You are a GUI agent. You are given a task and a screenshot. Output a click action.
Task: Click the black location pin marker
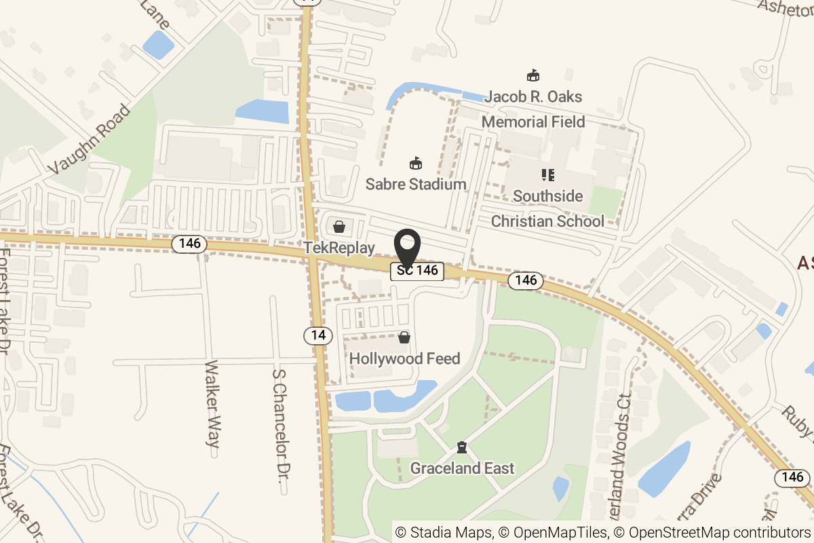[x=407, y=248]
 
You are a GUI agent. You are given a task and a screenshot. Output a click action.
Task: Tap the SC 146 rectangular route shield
[x=417, y=271]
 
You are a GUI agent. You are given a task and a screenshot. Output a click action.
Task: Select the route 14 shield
[x=318, y=335]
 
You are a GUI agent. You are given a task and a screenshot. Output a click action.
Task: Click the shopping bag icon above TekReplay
[x=338, y=226]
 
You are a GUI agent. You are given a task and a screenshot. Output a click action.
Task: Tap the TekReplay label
[x=339, y=248]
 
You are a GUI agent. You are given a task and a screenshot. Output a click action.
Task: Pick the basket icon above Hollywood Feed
[x=404, y=337]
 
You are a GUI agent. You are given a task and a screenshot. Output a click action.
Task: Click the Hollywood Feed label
[x=405, y=358]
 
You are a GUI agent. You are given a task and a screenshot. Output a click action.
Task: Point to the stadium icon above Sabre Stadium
[x=415, y=163]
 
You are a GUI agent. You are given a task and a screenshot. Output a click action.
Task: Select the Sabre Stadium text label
[x=416, y=184]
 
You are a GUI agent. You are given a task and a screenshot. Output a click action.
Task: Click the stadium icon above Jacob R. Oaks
[x=533, y=75]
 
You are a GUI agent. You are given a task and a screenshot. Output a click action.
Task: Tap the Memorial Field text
[x=533, y=122]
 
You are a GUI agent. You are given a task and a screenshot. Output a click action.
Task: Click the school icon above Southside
[x=547, y=175]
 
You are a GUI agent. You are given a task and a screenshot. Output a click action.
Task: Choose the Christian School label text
[x=547, y=221]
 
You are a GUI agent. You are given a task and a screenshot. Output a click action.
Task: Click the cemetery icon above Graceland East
[x=462, y=447]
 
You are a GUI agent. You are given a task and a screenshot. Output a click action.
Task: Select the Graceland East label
[x=463, y=468]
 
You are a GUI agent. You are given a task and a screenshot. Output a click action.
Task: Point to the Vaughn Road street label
[x=89, y=138]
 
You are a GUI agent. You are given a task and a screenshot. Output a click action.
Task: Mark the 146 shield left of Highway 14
[x=189, y=244]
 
